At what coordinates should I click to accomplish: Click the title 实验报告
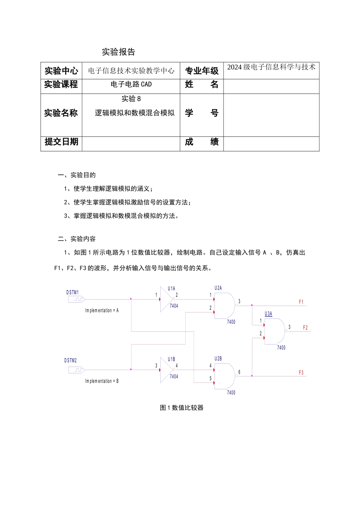(119, 52)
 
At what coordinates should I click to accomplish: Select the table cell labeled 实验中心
(61, 71)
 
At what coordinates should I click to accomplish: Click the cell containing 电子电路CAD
(131, 84)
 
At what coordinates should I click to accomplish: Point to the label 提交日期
(61, 142)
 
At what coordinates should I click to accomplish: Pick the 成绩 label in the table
(202, 142)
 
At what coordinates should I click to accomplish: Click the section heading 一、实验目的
(77, 175)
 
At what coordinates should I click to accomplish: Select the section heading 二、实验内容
(77, 239)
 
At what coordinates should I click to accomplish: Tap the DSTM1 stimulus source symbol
(77, 299)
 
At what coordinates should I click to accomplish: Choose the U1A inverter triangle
(166, 299)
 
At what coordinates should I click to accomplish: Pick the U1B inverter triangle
(166, 370)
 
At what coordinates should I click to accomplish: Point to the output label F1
(301, 302)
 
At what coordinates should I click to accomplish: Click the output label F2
(305, 328)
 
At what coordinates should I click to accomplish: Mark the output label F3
(301, 373)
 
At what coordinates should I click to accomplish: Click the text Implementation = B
(102, 381)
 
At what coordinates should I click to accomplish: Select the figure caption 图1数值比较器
(182, 408)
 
